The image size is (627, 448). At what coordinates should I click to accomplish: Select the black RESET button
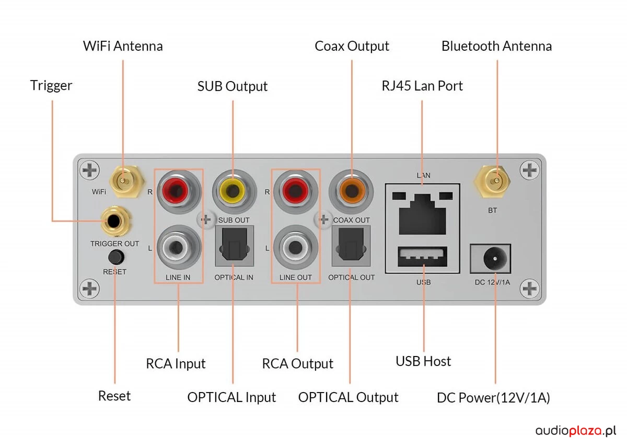point(115,257)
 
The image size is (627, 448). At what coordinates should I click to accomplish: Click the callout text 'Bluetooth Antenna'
point(496,46)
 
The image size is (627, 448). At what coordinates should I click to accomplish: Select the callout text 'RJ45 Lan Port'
point(422,86)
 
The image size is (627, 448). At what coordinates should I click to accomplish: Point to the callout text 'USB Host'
point(423,361)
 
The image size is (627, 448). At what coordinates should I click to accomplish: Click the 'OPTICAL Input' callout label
point(231,397)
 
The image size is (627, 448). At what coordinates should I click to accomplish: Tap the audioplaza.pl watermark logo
point(576,431)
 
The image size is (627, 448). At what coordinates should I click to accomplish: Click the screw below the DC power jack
point(530,288)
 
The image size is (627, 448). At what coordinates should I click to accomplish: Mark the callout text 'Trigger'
point(51,85)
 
